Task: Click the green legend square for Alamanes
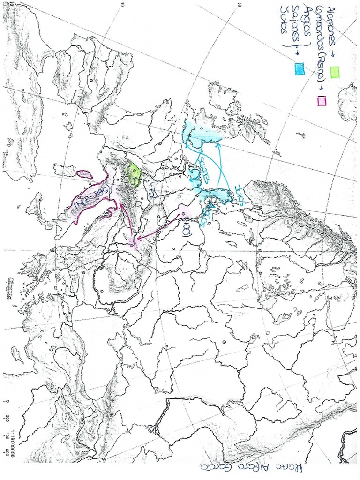click(x=335, y=72)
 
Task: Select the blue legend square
click(x=298, y=69)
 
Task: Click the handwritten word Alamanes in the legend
click(x=333, y=25)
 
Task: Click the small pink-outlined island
click(x=84, y=174)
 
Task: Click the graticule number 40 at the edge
click(x=123, y=4)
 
